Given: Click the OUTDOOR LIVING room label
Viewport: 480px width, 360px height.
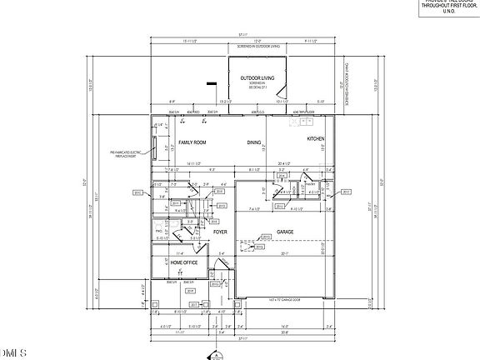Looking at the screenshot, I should tap(257, 78).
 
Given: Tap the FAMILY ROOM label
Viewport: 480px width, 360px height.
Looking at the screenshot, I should tap(192, 142).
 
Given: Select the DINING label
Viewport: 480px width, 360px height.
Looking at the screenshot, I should tap(254, 142).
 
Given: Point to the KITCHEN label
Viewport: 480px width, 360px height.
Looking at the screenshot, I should tap(315, 138).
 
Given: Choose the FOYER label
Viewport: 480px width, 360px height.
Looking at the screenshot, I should tap(220, 232).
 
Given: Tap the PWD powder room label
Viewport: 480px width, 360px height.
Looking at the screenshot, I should tap(158, 227).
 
